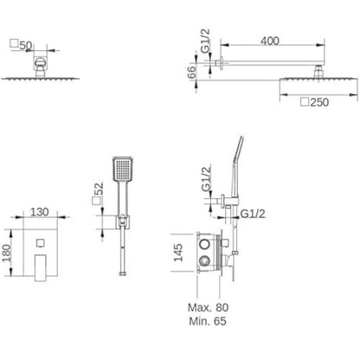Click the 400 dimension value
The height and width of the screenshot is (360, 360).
pos(270,41)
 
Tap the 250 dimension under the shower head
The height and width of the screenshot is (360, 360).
pos(319,102)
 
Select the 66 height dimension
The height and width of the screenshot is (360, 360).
pos(191,72)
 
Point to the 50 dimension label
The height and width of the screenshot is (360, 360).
pos(26,46)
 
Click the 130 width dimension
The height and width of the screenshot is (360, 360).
pos(40,212)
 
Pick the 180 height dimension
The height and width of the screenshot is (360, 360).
pos(6,253)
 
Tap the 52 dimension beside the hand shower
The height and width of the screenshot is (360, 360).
pos(99,189)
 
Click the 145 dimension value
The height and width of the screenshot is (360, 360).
pos(178,253)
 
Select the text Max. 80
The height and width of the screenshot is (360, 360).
pos(208,307)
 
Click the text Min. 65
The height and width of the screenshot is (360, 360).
pos(208,321)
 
